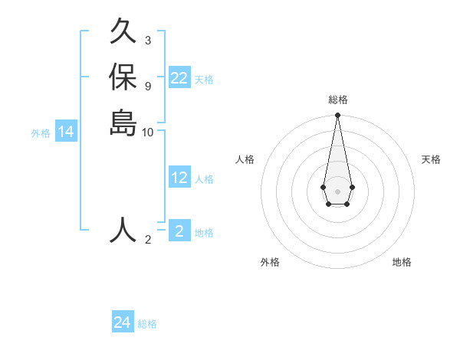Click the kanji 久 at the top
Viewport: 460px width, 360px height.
click(x=123, y=33)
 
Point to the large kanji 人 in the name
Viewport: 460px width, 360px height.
click(x=123, y=229)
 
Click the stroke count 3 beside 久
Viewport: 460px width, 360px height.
click(x=148, y=40)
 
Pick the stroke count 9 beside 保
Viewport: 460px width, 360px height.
click(x=148, y=85)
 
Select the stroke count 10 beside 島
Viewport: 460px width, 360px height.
click(x=148, y=132)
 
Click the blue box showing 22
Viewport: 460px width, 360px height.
click(x=179, y=78)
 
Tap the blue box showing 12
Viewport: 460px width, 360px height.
click(x=179, y=178)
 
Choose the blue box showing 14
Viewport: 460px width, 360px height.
click(x=66, y=133)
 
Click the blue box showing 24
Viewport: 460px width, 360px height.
click(x=123, y=323)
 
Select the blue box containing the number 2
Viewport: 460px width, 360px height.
click(x=179, y=231)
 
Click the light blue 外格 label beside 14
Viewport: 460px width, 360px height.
click(x=41, y=133)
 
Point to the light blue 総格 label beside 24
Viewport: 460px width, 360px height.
click(x=147, y=324)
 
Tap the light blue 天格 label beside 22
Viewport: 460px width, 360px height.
click(x=204, y=79)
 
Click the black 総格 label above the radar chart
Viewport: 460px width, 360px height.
click(x=337, y=100)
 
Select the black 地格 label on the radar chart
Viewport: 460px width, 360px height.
click(x=402, y=263)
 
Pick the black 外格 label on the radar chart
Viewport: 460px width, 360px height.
click(x=270, y=263)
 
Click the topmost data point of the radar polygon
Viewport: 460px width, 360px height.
click(x=337, y=116)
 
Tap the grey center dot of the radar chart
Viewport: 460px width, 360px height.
click(x=337, y=191)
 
